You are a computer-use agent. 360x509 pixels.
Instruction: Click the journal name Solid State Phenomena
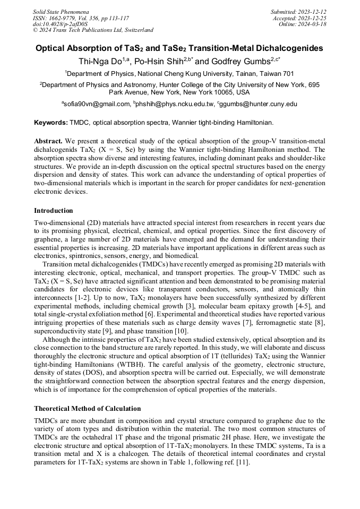[61, 12]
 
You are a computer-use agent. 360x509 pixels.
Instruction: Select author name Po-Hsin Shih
[161, 61]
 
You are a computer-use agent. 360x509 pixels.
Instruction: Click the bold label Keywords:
[51, 123]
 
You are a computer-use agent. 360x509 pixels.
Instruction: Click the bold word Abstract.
[48, 141]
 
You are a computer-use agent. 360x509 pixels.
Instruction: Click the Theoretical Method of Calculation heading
[87, 409]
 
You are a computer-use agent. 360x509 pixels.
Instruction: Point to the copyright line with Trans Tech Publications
[93, 30]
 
